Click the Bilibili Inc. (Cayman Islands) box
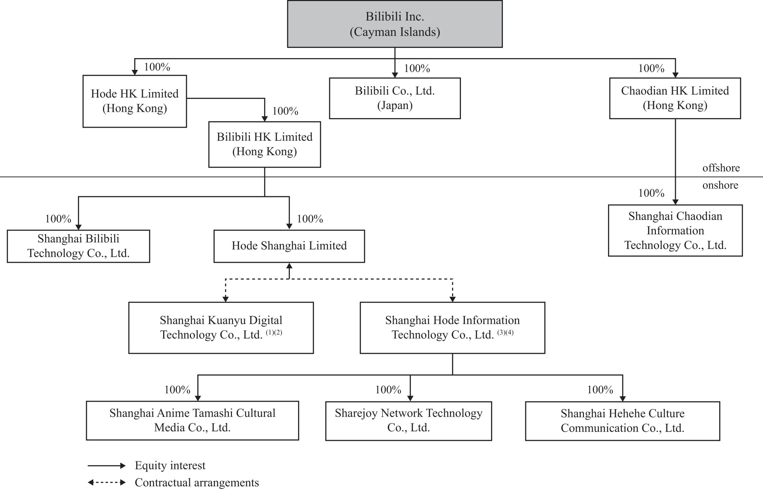(395, 24)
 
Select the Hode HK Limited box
(135, 101)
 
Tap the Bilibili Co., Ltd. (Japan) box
(395, 98)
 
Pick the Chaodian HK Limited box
(675, 98)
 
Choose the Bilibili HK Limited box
(265, 144)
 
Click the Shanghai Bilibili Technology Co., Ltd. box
(78, 246)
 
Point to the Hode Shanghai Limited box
(289, 246)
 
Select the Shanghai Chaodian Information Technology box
(675, 230)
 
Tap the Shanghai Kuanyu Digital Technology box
(221, 328)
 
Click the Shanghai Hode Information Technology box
(452, 328)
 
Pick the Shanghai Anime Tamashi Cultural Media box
(192, 420)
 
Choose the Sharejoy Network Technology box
(409, 421)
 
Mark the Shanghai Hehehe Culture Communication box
(623, 421)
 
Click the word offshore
(721, 168)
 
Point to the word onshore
(720, 185)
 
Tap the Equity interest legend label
(170, 465)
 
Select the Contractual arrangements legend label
(197, 482)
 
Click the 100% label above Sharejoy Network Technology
(388, 389)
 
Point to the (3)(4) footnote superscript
(505, 332)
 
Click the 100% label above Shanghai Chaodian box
(651, 193)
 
